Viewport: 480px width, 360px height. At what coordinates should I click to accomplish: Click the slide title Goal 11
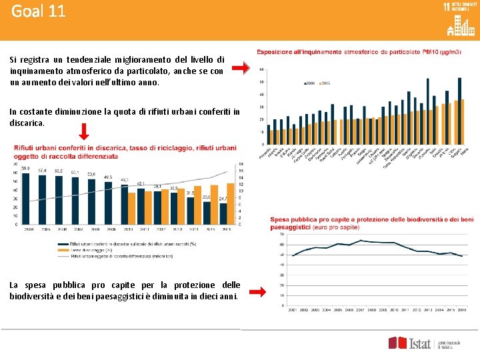(x=39, y=12)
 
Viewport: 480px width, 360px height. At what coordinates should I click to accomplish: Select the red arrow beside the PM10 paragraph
(x=245, y=67)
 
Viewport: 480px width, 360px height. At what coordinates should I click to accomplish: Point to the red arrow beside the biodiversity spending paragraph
(x=245, y=290)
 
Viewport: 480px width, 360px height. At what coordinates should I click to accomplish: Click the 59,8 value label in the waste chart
(x=25, y=169)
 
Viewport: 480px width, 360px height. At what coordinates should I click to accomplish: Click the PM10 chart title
(x=359, y=52)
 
